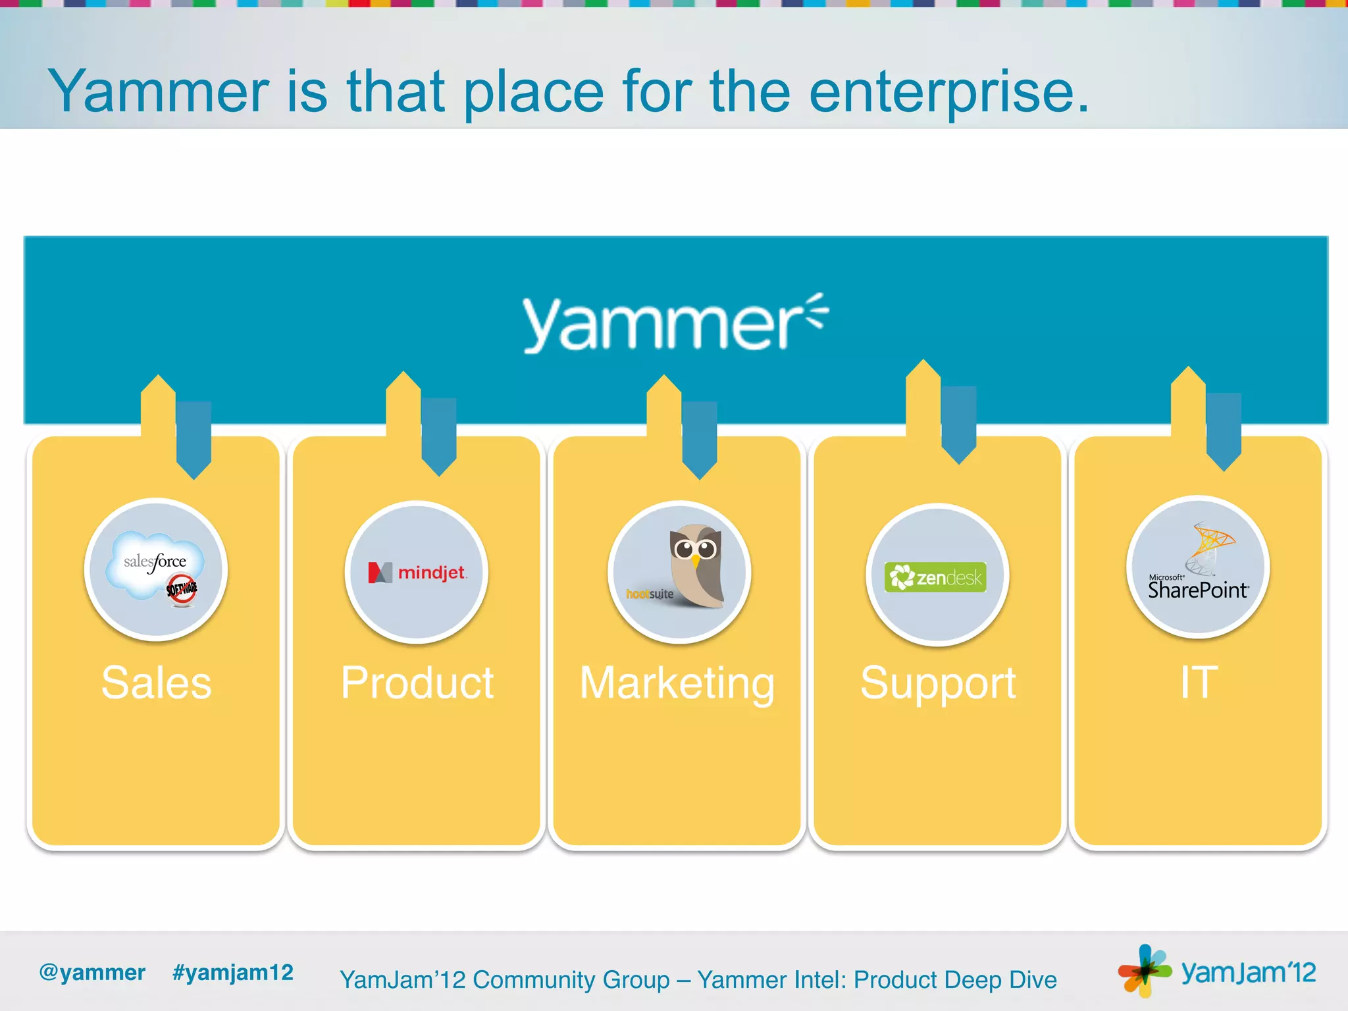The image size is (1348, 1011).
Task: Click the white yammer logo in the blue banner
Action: (675, 324)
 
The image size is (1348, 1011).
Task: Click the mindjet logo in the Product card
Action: (417, 573)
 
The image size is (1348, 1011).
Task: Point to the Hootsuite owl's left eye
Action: (684, 548)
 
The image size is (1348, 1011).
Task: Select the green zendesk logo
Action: (935, 577)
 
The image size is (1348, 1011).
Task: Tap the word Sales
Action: (157, 683)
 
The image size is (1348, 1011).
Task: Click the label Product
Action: (417, 683)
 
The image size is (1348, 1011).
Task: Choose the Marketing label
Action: (677, 683)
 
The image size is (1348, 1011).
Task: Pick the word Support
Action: (938, 683)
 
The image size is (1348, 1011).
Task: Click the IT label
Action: (1198, 683)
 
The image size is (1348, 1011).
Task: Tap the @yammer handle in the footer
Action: (92, 972)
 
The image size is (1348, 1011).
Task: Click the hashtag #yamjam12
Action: (232, 972)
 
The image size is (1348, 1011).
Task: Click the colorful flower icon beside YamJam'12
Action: (1144, 970)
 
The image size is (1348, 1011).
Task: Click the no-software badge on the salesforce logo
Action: (182, 588)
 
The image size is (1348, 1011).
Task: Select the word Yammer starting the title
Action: (159, 92)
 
